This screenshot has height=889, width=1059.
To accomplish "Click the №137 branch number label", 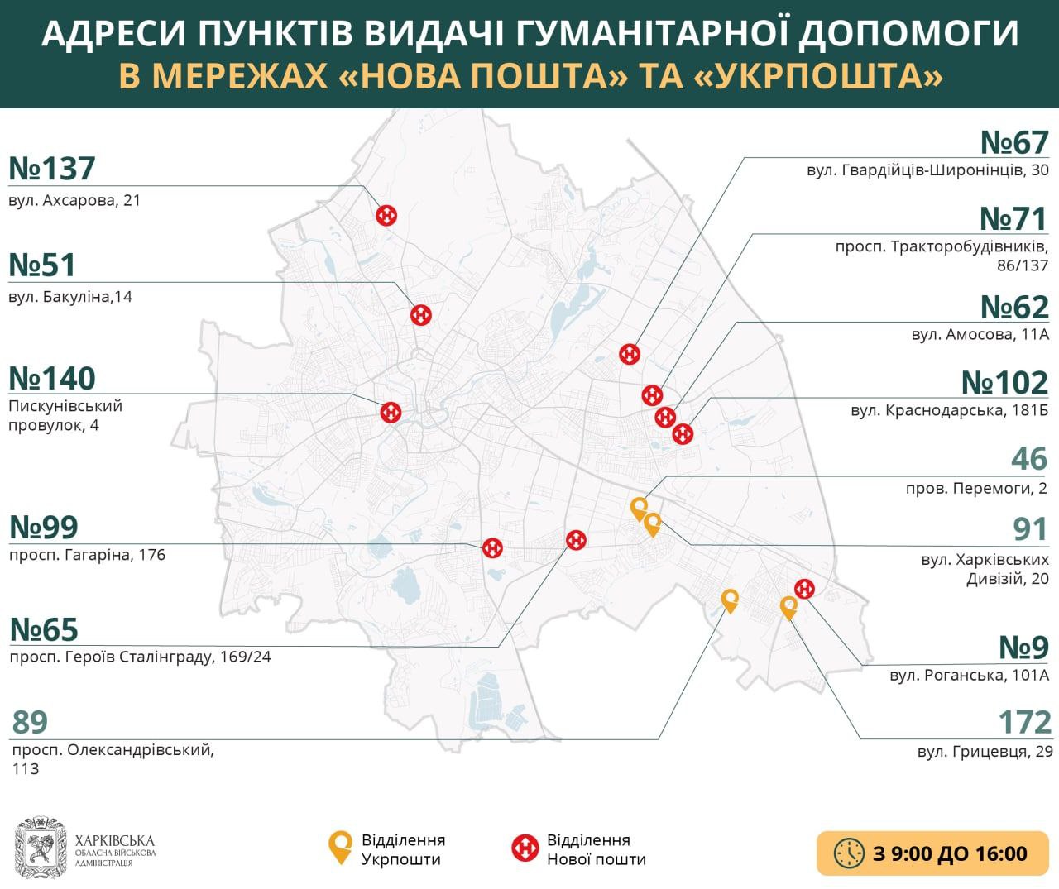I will [53, 169].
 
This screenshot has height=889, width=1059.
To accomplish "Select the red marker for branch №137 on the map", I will [386, 216].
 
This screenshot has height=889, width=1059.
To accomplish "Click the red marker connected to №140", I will [391, 412].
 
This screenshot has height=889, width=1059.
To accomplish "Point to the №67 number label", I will [1014, 143].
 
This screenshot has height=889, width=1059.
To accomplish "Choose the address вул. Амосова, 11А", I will [980, 335].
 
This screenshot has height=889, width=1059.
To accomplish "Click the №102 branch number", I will [1004, 383].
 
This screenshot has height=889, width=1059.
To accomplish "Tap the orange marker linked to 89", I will [730, 600].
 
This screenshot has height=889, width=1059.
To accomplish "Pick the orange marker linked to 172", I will [789, 608].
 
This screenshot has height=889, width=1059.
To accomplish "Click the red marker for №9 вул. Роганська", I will [804, 588].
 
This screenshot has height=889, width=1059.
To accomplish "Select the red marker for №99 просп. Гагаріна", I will [493, 547].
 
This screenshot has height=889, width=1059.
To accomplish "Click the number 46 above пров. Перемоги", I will [1029, 459].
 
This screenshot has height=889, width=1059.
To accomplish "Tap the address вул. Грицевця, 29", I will [985, 753].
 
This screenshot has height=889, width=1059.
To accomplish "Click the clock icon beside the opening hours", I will [849, 853].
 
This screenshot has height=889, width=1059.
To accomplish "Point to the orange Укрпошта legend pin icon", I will [339, 848].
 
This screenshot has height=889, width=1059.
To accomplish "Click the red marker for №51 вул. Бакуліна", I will [421, 314].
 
